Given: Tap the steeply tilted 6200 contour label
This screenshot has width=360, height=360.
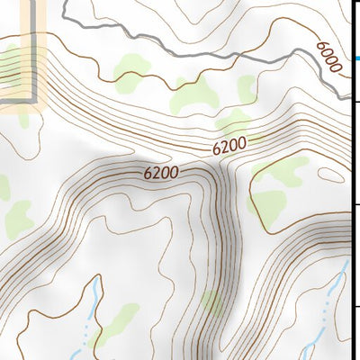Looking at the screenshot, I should coord(230,144).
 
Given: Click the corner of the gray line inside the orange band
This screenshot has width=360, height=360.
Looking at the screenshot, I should coord(37,96).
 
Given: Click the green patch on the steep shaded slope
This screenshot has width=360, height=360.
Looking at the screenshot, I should coord(212,304).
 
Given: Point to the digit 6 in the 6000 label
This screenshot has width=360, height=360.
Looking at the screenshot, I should coord(321,44).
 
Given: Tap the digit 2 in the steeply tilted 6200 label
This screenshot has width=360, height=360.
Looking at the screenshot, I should coord(226,147).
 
